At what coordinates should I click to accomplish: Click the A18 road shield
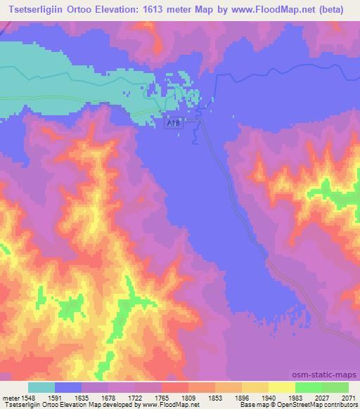(173, 123)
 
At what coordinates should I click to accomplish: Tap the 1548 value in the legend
(27, 397)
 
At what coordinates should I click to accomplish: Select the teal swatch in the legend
(41, 387)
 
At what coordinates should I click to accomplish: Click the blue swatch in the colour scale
(68, 387)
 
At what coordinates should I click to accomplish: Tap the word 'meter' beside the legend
(8, 397)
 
